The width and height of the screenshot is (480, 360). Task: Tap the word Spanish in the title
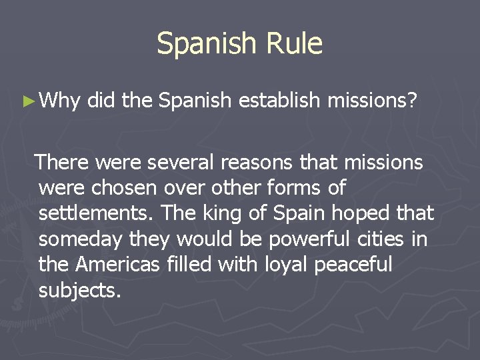(x=205, y=44)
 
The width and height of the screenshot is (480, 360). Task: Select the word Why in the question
(x=61, y=101)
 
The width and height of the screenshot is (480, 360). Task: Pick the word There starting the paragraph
(x=65, y=162)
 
